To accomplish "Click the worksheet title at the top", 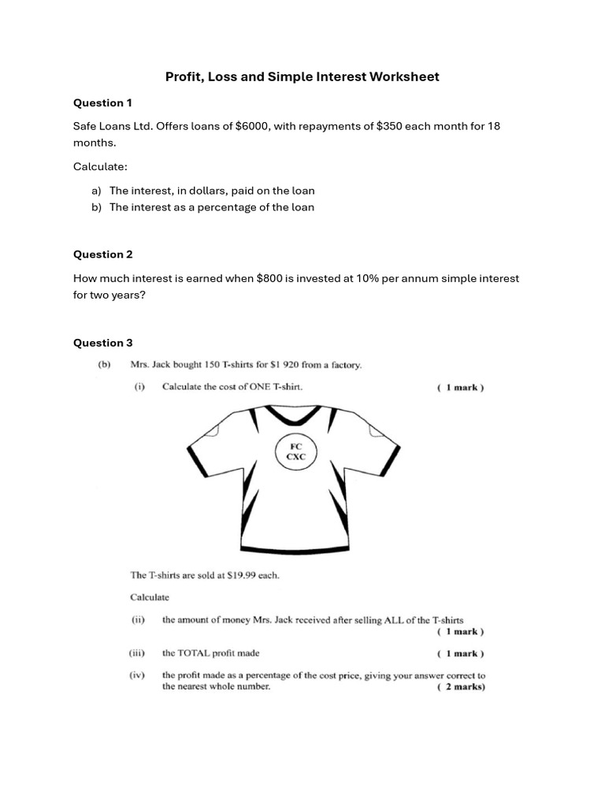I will pyautogui.click(x=302, y=76).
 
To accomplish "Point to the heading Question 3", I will pyautogui.click(x=102, y=343).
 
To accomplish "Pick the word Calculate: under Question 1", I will pyautogui.click(x=100, y=167).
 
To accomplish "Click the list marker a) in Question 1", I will pyautogui.click(x=96, y=191).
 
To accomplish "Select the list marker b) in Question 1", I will pyautogui.click(x=96, y=207).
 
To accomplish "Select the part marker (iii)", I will pyautogui.click(x=138, y=653).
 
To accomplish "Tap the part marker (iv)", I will pyautogui.click(x=138, y=675).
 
